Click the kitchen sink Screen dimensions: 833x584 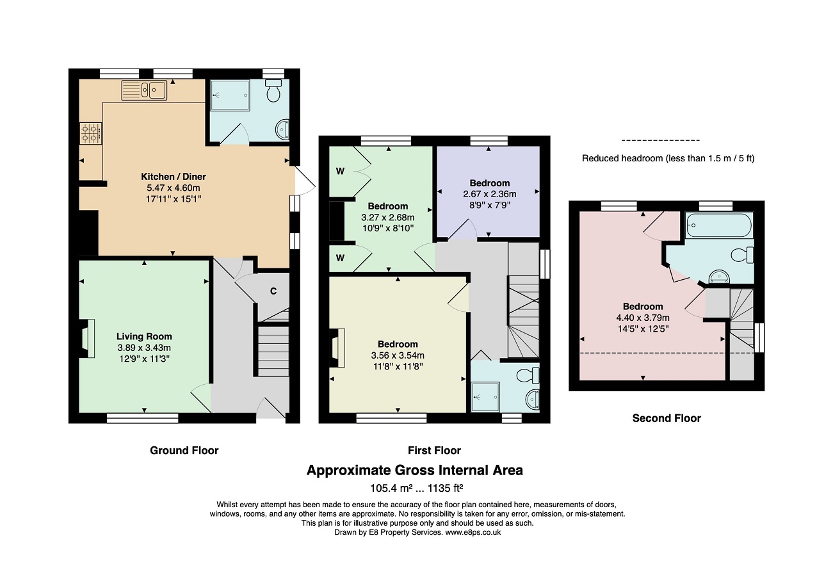[x=144, y=90]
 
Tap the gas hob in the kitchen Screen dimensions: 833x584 [x=91, y=134]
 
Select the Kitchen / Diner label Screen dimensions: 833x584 [x=174, y=177]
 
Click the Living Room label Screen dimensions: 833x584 [x=144, y=337]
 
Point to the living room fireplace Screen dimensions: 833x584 [x=86, y=339]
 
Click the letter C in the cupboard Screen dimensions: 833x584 [x=273, y=291]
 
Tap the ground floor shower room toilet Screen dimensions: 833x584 [x=273, y=91]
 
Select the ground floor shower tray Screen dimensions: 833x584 [x=230, y=95]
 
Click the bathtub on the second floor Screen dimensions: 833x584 [x=719, y=225]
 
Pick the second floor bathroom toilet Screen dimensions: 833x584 [x=742, y=255]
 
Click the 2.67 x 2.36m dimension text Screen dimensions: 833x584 [x=489, y=194]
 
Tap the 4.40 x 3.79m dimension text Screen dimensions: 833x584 [x=643, y=318]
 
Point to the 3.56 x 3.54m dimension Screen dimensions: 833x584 [x=398, y=355]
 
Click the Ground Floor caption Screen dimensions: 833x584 [x=184, y=450]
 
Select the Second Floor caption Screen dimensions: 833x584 [x=667, y=418]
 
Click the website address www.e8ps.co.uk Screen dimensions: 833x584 [x=473, y=532]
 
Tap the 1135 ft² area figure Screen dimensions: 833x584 [x=445, y=488]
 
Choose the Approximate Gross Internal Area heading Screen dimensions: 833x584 [x=415, y=471]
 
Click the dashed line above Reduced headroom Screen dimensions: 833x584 [x=661, y=141]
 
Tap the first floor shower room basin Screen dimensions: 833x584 [x=533, y=400]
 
